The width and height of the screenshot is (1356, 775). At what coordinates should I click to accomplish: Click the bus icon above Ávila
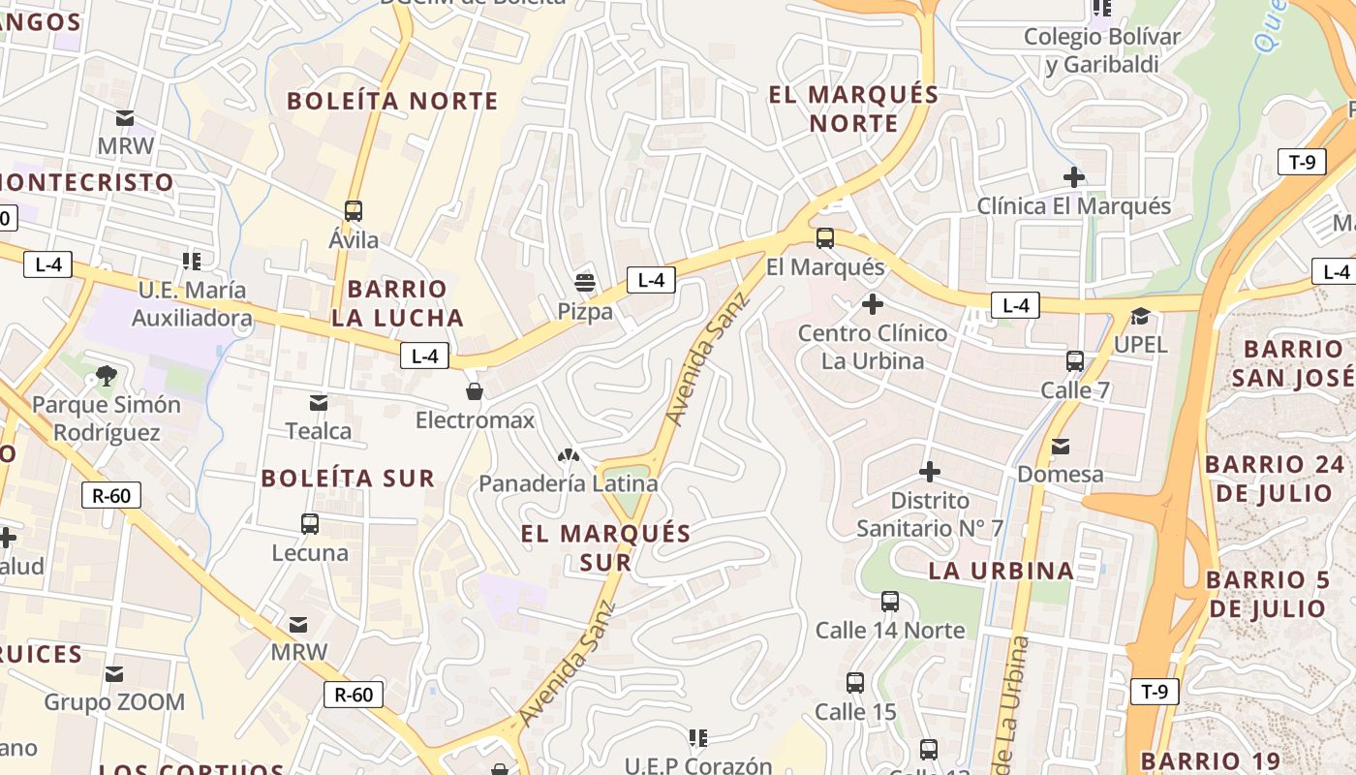tap(354, 211)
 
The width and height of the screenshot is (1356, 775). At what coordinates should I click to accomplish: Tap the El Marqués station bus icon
tap(825, 238)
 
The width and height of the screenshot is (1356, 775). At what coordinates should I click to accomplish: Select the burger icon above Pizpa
tap(584, 283)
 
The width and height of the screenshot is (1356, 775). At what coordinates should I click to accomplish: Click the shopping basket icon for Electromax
tap(475, 391)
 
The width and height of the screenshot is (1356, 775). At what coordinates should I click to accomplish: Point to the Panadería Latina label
tap(569, 483)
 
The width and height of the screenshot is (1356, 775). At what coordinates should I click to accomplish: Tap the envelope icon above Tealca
tap(319, 403)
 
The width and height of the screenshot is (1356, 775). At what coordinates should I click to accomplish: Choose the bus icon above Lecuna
tap(310, 524)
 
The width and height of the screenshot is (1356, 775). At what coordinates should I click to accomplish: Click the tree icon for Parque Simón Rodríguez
tap(107, 376)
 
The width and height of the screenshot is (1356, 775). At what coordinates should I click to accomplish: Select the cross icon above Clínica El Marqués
tap(1073, 177)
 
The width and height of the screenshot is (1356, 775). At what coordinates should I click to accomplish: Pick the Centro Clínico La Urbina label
tap(873, 347)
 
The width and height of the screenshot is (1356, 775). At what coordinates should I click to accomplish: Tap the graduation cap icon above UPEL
tap(1140, 317)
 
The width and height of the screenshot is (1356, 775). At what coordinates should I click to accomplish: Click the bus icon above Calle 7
tap(1075, 361)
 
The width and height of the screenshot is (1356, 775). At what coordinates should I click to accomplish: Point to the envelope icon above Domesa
tap(1061, 447)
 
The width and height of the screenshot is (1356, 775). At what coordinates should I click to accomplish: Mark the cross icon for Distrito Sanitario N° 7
tap(930, 472)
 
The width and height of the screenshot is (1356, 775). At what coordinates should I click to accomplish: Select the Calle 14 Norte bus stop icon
tap(890, 602)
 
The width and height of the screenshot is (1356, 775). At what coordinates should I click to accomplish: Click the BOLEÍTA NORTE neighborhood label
tap(392, 101)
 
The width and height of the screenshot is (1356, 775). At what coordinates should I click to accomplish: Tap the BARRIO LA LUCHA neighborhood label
tap(397, 303)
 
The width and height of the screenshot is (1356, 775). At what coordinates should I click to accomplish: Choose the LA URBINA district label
tap(1002, 571)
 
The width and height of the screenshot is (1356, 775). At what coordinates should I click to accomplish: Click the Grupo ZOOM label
tap(114, 702)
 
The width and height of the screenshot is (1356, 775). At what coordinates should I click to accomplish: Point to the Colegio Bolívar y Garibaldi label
tap(1102, 50)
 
